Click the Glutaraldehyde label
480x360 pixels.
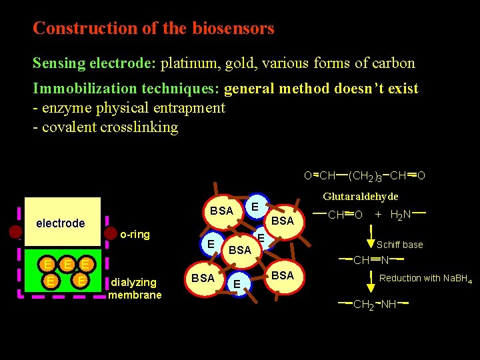click(361, 197)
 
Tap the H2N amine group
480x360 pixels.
click(400, 215)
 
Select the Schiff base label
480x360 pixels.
click(400, 245)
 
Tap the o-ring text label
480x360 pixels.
click(135, 235)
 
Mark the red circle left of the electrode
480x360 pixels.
click(15, 233)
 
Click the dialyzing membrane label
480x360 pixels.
click(135, 288)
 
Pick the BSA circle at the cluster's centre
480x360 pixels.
click(239, 250)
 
